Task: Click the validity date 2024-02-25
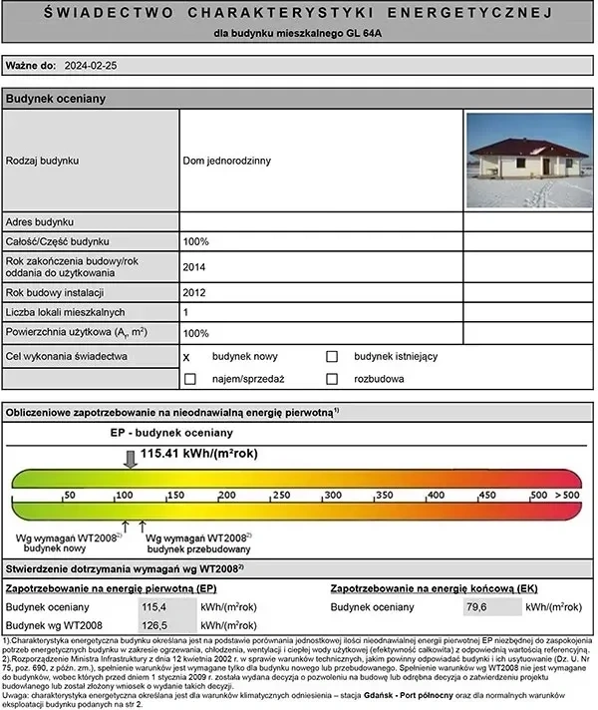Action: pos(90,67)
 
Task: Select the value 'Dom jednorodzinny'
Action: pos(228,160)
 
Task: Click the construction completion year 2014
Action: pos(194,266)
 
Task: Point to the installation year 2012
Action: pos(194,293)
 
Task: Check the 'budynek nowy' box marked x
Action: pos(187,356)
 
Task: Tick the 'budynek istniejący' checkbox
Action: pos(333,356)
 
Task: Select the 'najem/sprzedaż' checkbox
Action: pos(189,379)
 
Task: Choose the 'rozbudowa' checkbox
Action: pos(333,379)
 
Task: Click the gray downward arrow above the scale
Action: pos(130,459)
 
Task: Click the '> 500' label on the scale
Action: pos(569,495)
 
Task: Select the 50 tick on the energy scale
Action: pos(69,495)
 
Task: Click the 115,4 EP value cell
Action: pos(155,606)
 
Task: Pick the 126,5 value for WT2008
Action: pos(155,625)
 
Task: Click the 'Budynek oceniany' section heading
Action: pos(56,99)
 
